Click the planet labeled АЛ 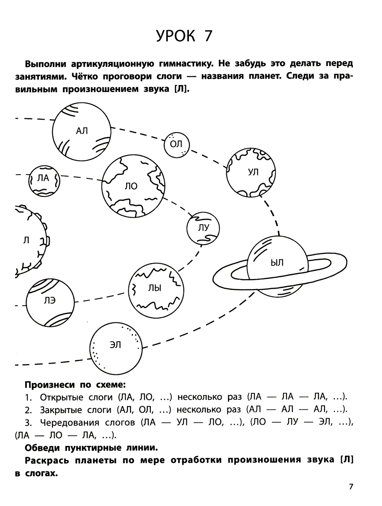(82, 131)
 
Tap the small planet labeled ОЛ (176, 144)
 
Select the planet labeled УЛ (251, 172)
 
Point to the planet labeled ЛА (44, 180)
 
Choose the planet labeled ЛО (133, 186)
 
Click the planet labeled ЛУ (204, 228)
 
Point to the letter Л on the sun (26, 241)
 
